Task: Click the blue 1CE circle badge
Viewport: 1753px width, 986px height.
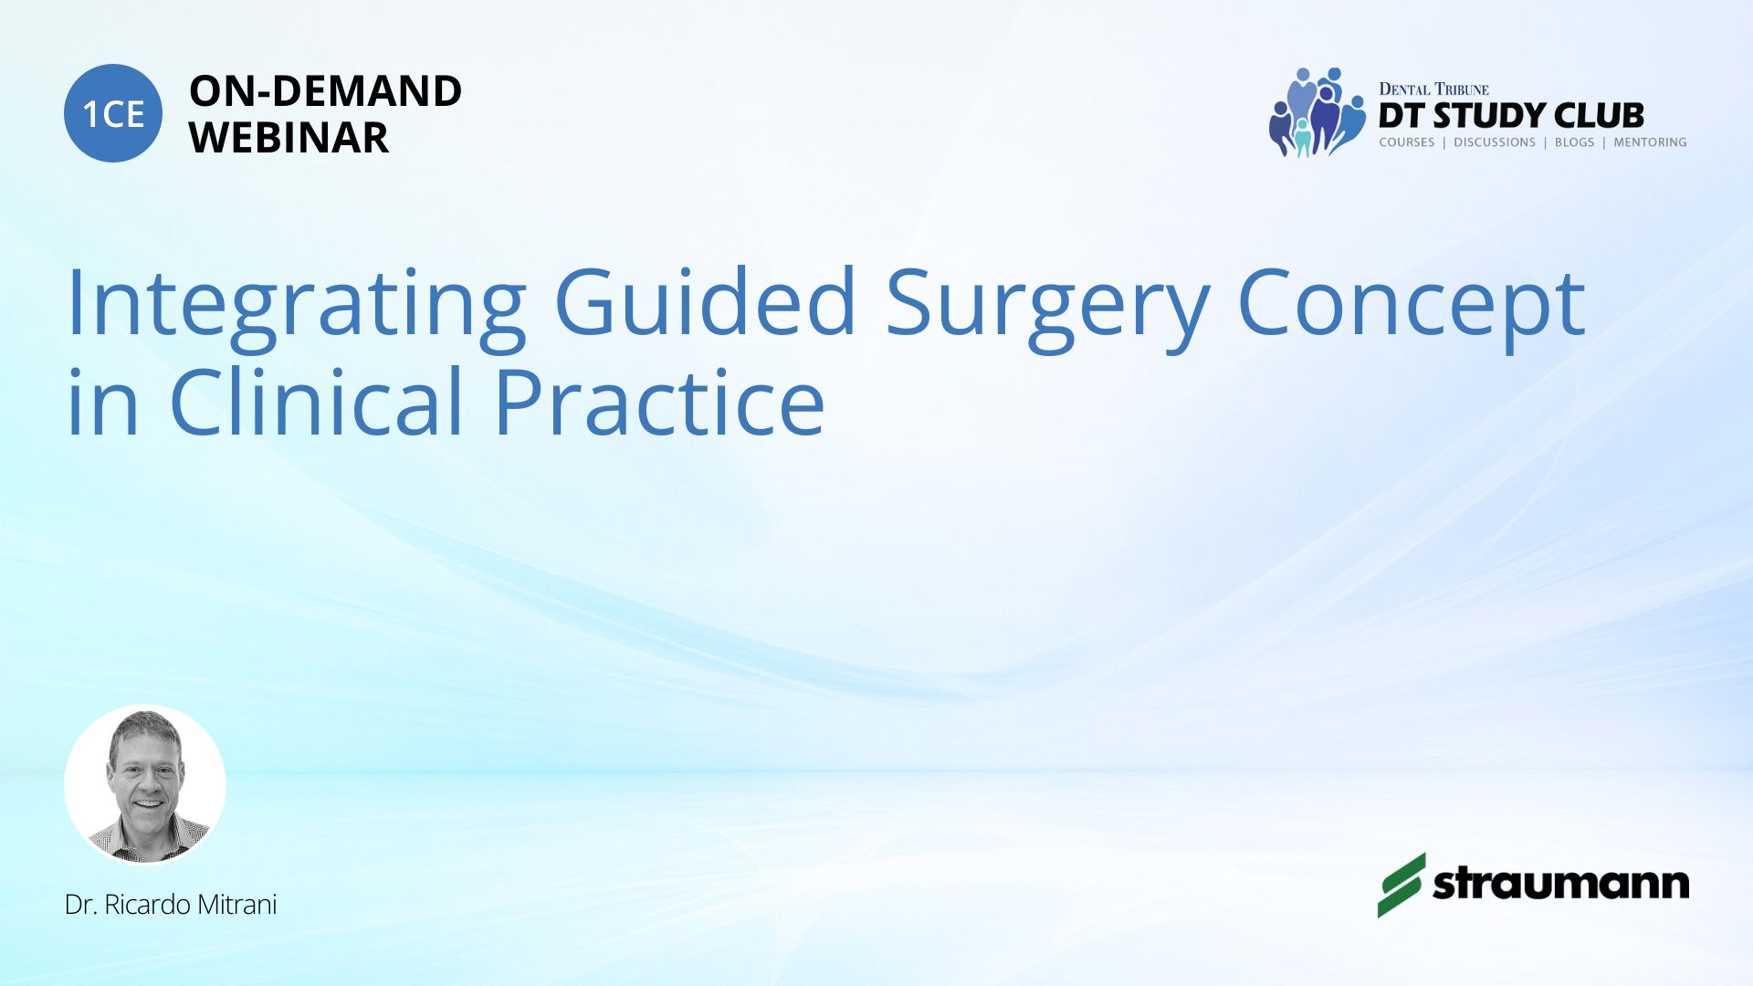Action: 113,113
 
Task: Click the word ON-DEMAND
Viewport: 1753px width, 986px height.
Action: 325,91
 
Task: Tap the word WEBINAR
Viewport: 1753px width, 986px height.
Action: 289,138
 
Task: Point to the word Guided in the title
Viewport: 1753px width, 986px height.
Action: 705,301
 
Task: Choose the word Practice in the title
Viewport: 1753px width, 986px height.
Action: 659,402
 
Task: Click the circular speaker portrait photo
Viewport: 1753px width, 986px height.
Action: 145,784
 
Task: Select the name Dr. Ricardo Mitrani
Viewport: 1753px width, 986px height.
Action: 171,905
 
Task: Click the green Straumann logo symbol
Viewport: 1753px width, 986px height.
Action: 1401,885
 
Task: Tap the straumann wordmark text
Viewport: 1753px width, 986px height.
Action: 1560,884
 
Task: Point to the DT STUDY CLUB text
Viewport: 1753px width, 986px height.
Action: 1511,116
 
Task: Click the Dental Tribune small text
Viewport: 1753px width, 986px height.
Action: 1433,89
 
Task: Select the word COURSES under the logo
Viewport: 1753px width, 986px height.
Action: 1407,142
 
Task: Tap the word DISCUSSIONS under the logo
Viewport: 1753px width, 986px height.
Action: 1495,142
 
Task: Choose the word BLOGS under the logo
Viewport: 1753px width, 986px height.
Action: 1574,142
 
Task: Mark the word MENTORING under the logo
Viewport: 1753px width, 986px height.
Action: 1650,142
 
